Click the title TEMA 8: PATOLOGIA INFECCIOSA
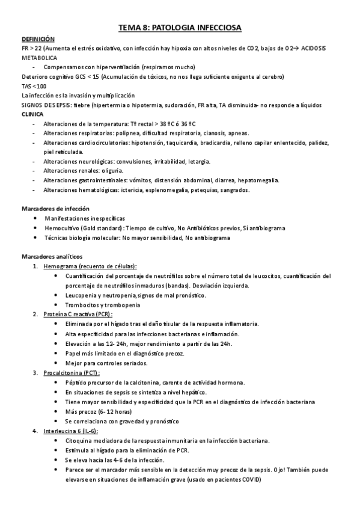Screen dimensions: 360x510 (180, 28)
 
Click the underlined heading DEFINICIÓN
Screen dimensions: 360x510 (38, 38)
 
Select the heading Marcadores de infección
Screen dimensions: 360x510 (50, 209)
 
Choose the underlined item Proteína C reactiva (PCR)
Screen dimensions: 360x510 (78, 314)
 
